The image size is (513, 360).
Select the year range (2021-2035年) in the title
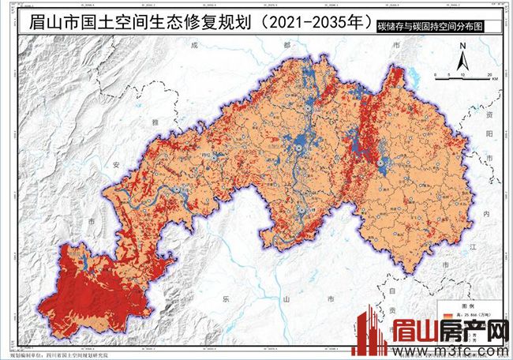[x=310, y=21]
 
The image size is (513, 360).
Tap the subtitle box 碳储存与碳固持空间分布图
[x=437, y=26]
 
